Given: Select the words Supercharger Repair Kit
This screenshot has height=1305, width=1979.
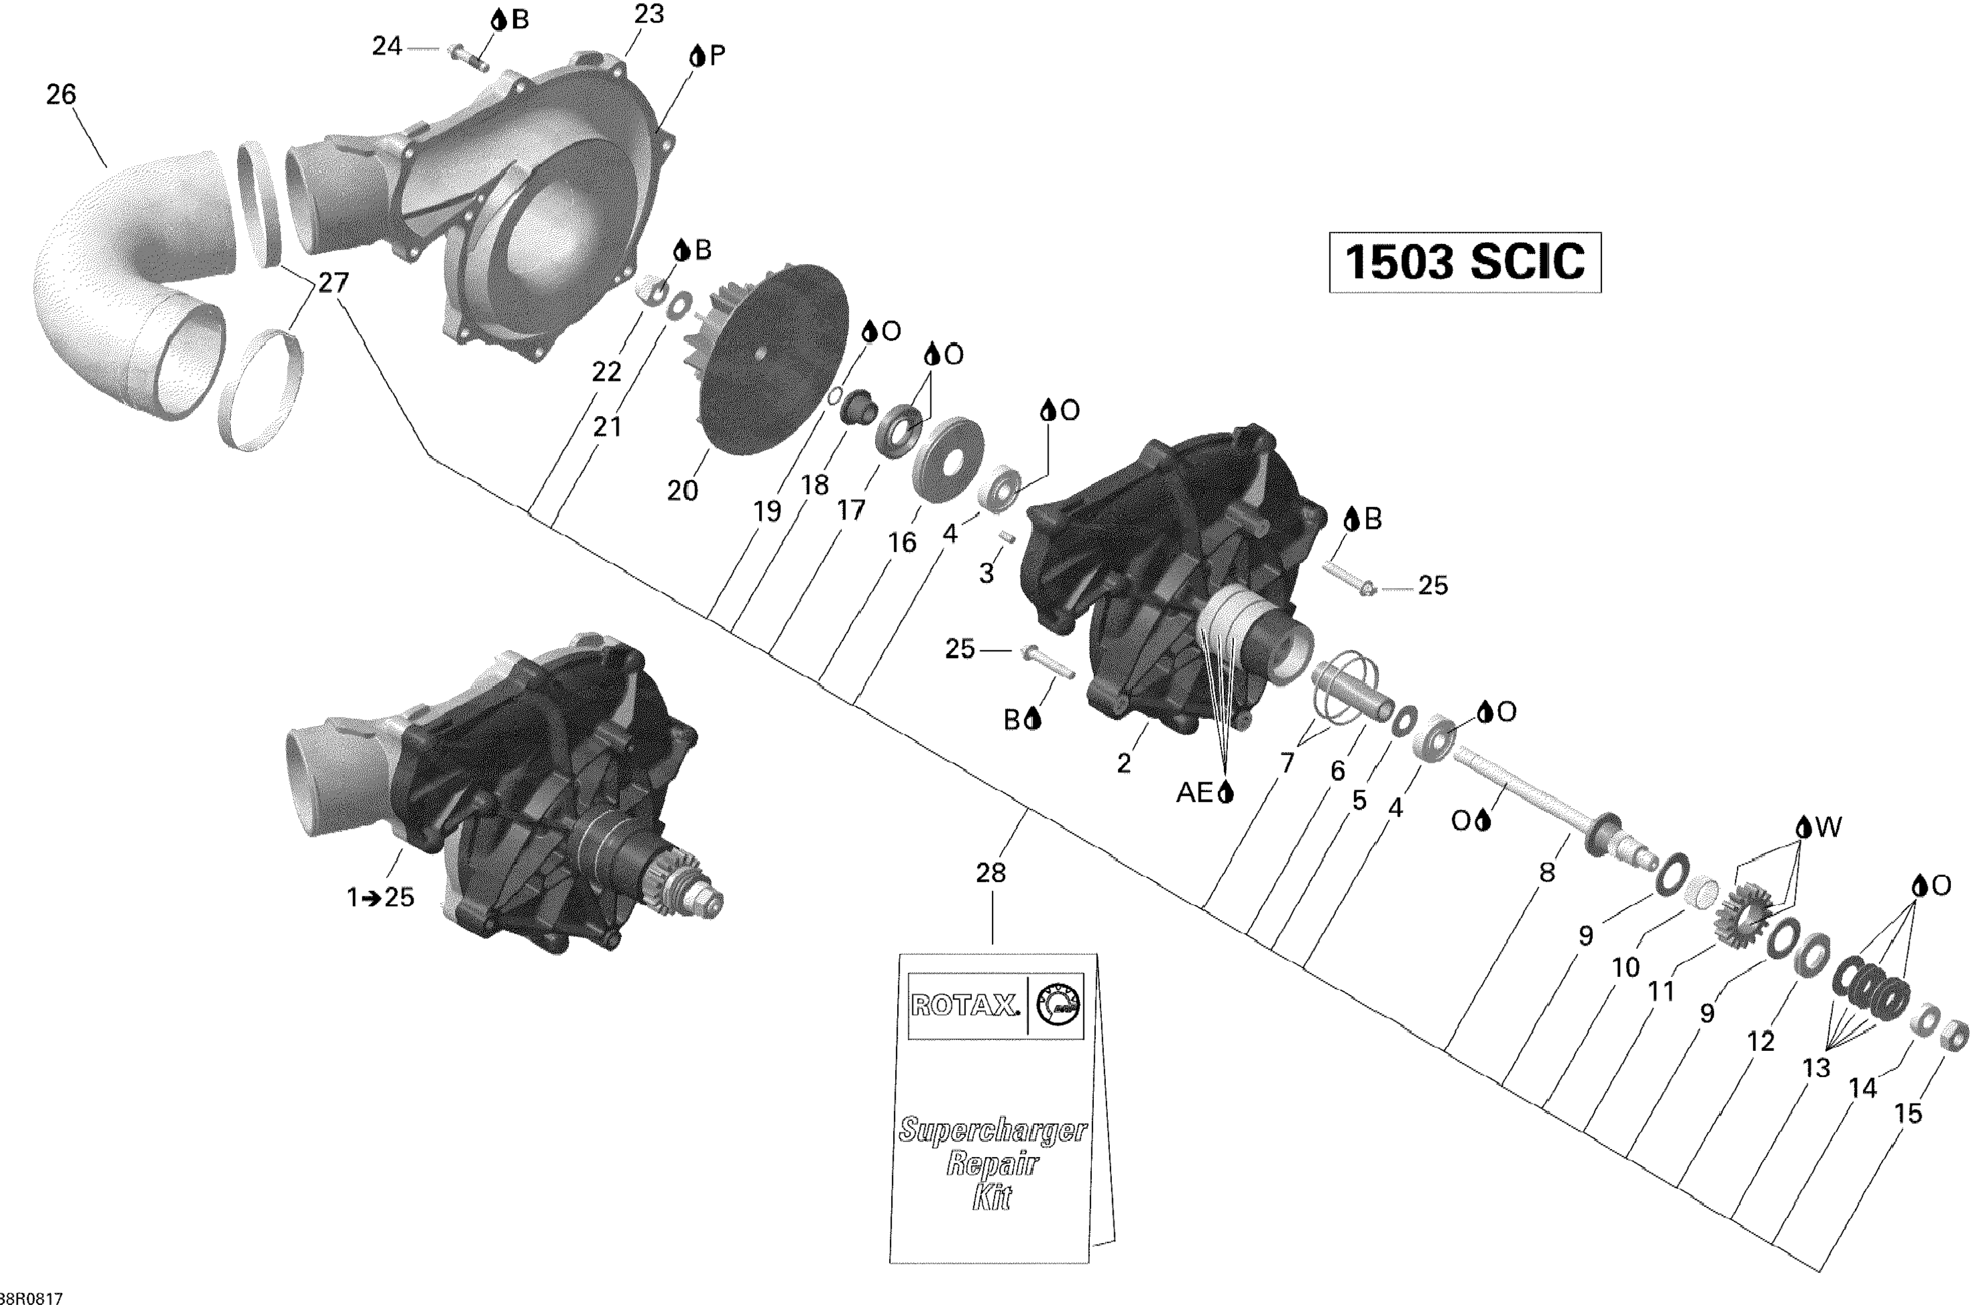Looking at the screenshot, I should point(992,1163).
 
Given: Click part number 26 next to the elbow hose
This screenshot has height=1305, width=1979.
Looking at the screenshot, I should point(61,95).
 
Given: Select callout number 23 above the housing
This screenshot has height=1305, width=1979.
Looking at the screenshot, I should point(648,15).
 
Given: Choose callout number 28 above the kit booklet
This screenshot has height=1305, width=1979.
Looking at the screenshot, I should point(991,872).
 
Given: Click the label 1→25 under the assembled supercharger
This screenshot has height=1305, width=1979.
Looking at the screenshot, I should point(380,897).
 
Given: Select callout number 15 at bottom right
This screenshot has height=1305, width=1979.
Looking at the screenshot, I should point(1908,1113).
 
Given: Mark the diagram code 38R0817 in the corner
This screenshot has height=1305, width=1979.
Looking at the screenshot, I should point(31,1298).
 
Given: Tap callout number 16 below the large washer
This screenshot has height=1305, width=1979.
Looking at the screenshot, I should point(902,543).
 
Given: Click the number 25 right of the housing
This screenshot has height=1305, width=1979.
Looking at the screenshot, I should point(1433,586).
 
